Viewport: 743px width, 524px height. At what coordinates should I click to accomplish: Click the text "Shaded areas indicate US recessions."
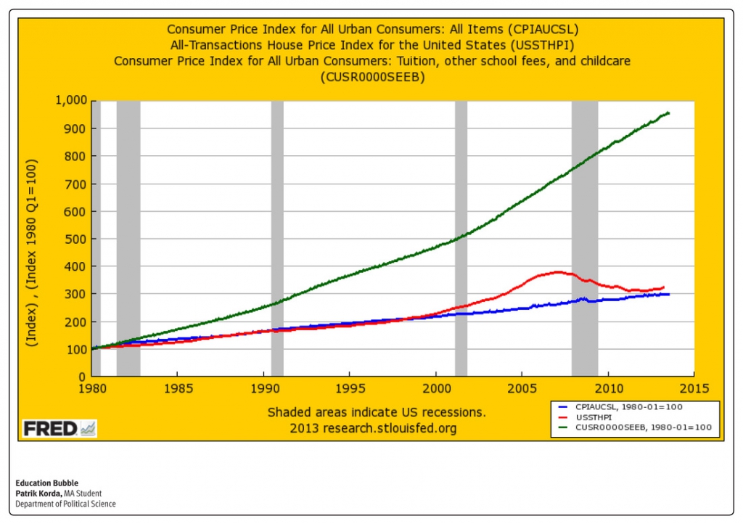click(377, 412)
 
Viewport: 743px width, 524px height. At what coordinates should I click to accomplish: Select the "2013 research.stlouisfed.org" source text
click(373, 428)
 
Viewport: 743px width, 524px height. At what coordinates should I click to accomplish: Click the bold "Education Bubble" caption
click(46, 483)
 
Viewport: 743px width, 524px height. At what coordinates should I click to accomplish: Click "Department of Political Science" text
click(65, 504)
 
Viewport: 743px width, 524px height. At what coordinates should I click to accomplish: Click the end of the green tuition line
click(668, 112)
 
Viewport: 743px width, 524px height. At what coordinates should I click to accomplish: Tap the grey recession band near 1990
click(277, 240)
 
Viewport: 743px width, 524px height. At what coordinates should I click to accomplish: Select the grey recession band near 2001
click(461, 240)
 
